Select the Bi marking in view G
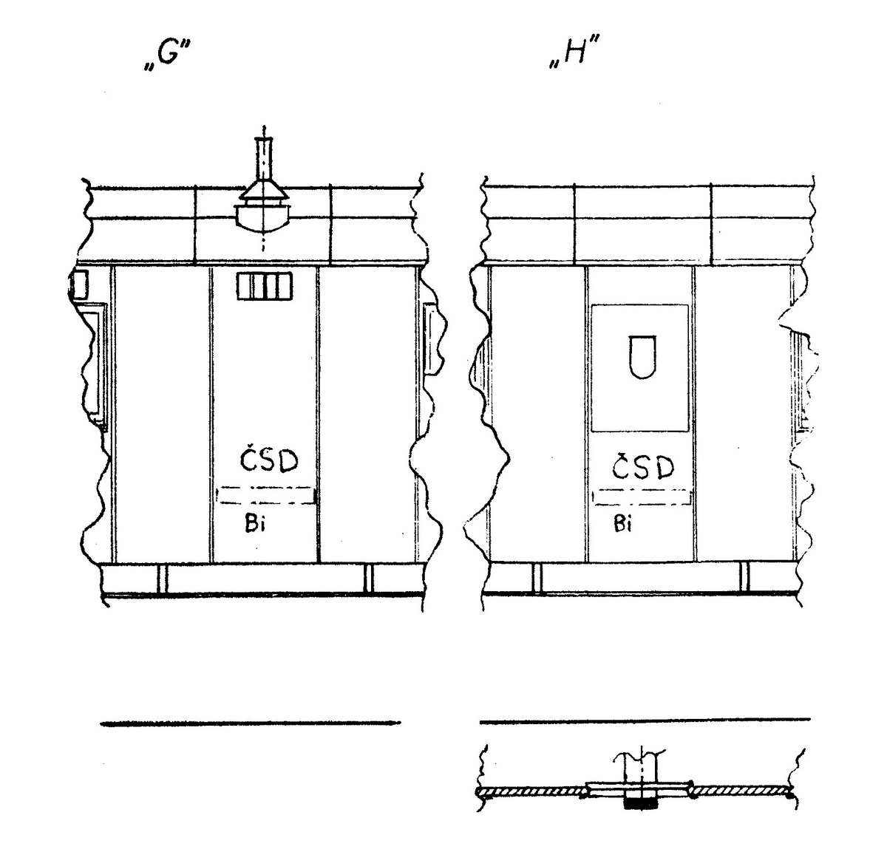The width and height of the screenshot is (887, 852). click(x=255, y=523)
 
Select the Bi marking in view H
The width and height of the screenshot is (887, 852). click(x=622, y=523)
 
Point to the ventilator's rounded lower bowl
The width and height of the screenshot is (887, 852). click(x=262, y=218)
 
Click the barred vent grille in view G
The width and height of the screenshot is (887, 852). click(x=265, y=287)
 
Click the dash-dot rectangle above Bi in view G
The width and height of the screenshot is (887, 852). click(x=266, y=495)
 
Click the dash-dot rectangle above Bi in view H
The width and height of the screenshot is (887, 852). click(x=642, y=497)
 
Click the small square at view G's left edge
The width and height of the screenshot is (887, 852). click(x=79, y=284)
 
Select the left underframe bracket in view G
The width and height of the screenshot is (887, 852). click(x=163, y=578)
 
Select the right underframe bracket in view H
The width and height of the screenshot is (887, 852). click(x=744, y=577)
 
